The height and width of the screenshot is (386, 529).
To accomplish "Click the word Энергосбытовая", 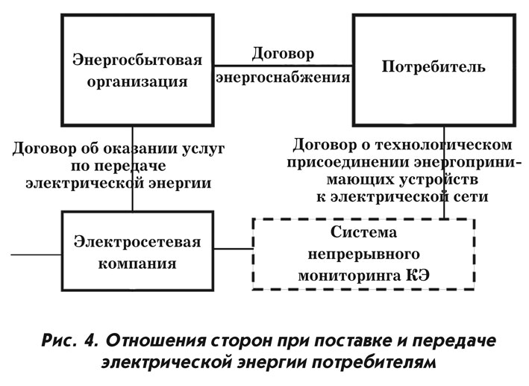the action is pos(137,60).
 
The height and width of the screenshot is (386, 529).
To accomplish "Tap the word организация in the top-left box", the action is pos(137,82).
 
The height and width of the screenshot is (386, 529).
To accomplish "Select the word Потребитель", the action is pos(433,66).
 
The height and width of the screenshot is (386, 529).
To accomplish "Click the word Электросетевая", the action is pos(137,242).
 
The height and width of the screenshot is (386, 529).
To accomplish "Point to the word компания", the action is pos(137,264).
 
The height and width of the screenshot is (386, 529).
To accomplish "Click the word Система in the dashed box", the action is pos(363,232).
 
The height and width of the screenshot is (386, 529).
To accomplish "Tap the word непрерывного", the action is pos(363,254).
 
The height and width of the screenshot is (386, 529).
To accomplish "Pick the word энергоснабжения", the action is pos(283,78).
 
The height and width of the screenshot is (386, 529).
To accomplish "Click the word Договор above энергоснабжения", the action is pos(283,54).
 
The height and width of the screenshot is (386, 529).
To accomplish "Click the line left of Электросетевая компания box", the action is pos(37,255).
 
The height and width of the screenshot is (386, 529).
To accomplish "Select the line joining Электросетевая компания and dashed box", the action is pos(234,249).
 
